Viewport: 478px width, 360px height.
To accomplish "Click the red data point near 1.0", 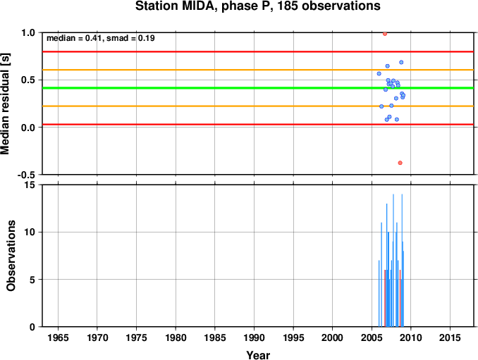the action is (x=385, y=34).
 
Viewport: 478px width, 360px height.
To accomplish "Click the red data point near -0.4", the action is (x=400, y=163).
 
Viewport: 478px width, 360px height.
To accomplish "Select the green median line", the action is (x=258, y=88).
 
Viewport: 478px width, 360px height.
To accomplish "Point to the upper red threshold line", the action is (x=258, y=51).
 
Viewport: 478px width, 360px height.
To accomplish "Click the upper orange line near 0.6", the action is (x=258, y=70).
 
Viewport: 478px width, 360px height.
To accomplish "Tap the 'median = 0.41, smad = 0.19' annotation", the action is (x=101, y=38).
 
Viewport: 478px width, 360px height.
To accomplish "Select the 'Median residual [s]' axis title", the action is (x=5, y=104).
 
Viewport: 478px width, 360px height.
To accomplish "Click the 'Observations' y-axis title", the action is (x=11, y=256).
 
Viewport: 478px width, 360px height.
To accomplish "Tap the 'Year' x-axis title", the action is (x=258, y=355).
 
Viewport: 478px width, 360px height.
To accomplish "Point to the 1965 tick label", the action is (x=58, y=337).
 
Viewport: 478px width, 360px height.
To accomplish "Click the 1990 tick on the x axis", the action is (x=254, y=337).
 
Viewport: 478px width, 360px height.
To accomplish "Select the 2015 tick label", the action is (x=450, y=337).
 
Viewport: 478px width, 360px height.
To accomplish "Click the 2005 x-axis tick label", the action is (x=372, y=337).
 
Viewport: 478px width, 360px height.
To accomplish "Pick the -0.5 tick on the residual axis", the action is (x=26, y=175).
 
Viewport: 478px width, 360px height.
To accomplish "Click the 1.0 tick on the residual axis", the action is (x=28, y=32).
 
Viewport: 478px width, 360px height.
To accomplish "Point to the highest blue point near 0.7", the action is (x=401, y=63).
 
